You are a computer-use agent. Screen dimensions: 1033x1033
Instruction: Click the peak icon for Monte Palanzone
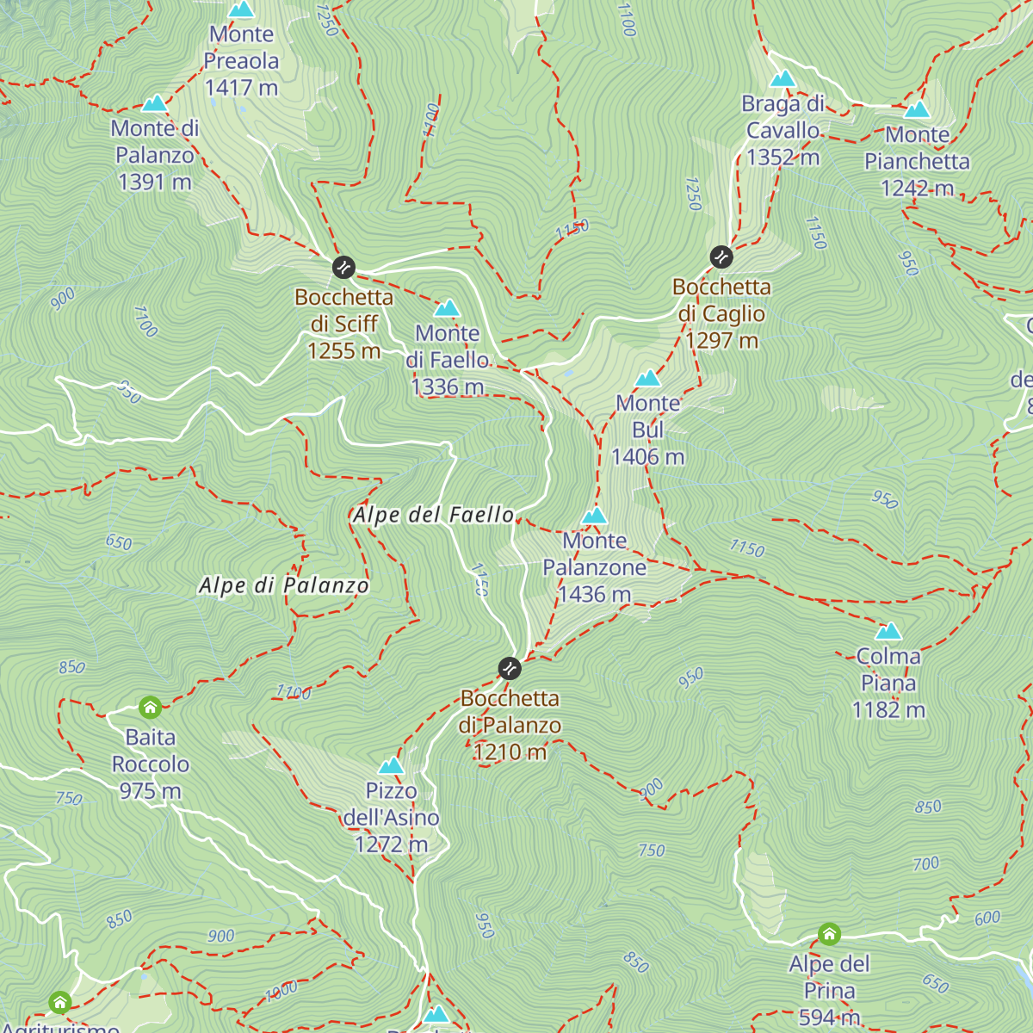tap(595, 516)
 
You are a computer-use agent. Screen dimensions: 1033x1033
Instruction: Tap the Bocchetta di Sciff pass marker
tap(343, 267)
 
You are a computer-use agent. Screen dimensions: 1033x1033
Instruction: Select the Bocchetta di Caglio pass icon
tap(721, 257)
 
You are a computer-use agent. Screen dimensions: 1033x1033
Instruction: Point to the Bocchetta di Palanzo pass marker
tap(510, 668)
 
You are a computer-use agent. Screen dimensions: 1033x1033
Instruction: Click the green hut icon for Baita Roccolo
tap(150, 708)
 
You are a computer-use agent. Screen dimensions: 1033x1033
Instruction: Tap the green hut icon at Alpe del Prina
tap(829, 934)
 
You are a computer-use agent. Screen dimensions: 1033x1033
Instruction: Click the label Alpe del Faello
tap(433, 515)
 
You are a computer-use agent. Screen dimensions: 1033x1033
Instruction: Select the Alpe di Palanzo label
tap(283, 585)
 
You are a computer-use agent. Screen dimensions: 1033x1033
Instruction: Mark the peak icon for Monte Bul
tap(647, 378)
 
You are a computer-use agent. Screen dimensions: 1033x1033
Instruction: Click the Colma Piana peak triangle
tap(888, 631)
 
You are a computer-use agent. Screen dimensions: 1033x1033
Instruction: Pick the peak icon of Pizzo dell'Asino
tap(391, 765)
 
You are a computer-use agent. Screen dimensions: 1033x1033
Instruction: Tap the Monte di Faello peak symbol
tap(447, 307)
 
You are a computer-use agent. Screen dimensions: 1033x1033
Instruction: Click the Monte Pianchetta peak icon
tap(917, 109)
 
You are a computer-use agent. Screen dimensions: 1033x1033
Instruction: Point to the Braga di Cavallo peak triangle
tap(782, 79)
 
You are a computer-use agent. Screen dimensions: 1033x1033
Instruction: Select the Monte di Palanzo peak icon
tap(154, 103)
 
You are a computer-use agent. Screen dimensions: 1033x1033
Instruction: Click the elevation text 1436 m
tap(594, 594)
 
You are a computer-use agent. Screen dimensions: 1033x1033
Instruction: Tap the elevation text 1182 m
tap(888, 709)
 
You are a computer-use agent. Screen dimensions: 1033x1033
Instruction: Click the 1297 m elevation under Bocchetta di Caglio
tap(721, 340)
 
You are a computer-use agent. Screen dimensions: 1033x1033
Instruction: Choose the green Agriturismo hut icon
tap(59, 1002)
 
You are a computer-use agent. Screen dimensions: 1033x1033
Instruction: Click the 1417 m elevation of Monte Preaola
tap(241, 87)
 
